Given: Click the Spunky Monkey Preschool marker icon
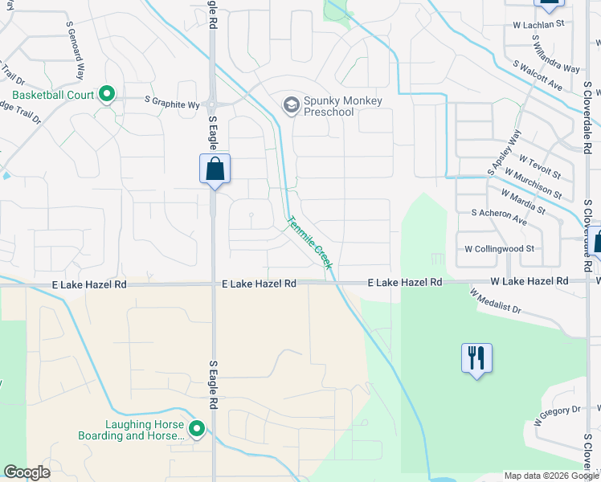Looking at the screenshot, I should [290, 105].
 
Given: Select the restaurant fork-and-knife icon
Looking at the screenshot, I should [476, 357].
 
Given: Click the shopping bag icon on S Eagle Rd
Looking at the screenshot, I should [215, 169].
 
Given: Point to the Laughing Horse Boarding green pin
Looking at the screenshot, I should [196, 430].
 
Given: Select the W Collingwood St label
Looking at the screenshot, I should [499, 249].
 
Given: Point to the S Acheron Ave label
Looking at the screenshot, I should [498, 217].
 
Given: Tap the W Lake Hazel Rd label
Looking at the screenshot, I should [529, 281].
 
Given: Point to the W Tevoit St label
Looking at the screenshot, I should [540, 165].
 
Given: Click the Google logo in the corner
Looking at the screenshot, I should [27, 472].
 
